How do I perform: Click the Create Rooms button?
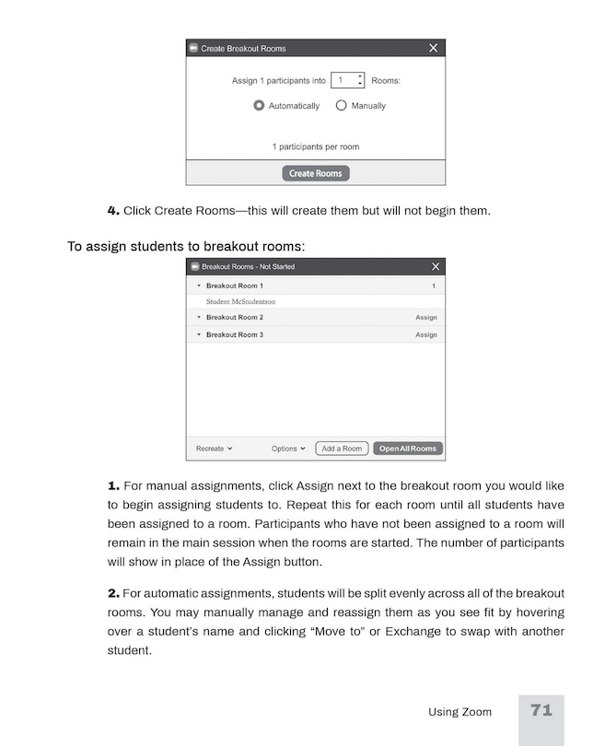tap(315, 173)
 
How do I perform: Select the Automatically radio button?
tap(260, 106)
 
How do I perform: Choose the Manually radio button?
tap(342, 106)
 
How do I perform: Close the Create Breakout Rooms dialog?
tap(434, 48)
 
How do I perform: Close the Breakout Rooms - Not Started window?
tap(436, 267)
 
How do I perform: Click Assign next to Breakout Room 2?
tap(425, 318)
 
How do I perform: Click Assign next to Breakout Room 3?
tap(425, 335)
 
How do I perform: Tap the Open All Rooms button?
tap(408, 449)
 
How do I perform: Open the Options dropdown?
tap(288, 449)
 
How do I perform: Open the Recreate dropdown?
tap(215, 449)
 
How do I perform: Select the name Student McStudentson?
tap(240, 301)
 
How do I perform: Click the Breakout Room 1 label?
tap(234, 286)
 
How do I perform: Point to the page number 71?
tap(541, 710)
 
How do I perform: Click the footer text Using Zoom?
tap(460, 712)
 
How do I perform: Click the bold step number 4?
tap(113, 211)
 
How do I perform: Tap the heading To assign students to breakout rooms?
tap(186, 247)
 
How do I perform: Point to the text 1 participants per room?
tap(315, 146)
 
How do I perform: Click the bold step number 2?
tap(113, 592)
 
